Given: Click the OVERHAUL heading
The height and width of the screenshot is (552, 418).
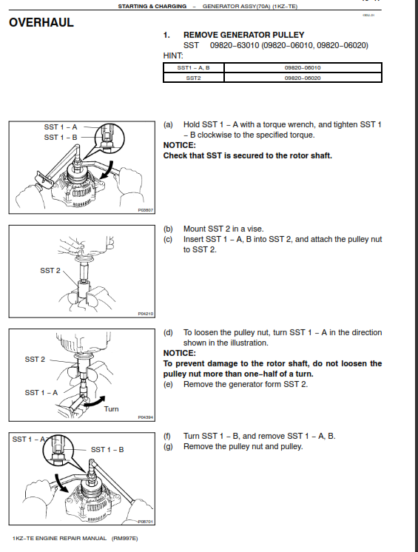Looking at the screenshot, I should (x=41, y=22).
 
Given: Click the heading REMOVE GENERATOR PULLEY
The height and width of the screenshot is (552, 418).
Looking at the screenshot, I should (x=243, y=35).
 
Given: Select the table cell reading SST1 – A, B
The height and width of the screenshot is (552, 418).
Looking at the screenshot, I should (x=193, y=67).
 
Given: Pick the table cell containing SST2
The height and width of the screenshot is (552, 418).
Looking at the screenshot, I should (x=193, y=77).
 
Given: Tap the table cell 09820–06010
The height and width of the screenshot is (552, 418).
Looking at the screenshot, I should (x=302, y=67).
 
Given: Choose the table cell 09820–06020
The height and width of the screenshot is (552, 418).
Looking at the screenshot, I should (x=302, y=77).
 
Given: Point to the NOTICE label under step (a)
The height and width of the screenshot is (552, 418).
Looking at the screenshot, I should (x=179, y=145).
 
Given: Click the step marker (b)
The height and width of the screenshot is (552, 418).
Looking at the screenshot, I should (x=168, y=229).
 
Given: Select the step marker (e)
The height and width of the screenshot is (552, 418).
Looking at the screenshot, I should (x=168, y=384).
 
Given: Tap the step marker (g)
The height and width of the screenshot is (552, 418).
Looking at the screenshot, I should (x=168, y=446).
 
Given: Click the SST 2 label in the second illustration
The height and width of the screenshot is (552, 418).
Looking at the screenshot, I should (x=50, y=271).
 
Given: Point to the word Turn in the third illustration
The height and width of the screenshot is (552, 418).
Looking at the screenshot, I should (x=111, y=408).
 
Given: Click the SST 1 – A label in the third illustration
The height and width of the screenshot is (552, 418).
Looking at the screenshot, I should (x=41, y=392).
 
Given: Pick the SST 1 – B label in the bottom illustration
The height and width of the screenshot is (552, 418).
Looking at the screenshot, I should (x=107, y=449).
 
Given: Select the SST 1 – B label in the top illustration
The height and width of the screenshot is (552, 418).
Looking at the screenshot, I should (x=60, y=137).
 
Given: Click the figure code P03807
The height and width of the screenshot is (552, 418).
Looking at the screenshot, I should (x=145, y=210).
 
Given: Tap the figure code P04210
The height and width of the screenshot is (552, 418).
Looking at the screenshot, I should (x=145, y=314).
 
